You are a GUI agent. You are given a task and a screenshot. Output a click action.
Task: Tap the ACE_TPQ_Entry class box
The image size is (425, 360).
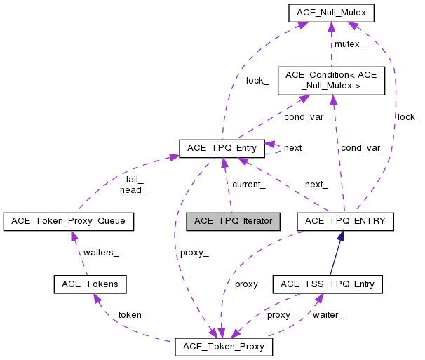[x=222, y=148]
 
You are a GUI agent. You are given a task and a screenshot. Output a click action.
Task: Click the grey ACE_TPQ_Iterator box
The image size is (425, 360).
[x=233, y=221]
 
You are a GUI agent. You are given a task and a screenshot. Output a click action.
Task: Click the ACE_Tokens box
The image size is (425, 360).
[x=90, y=284]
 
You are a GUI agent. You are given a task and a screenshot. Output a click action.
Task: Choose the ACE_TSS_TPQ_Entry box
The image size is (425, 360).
[x=328, y=284]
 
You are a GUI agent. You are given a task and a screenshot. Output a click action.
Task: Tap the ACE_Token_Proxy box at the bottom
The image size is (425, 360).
[x=223, y=347]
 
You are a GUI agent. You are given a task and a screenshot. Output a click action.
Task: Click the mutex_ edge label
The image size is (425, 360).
[x=349, y=44]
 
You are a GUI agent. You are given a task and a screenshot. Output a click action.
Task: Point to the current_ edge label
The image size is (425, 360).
[x=249, y=185]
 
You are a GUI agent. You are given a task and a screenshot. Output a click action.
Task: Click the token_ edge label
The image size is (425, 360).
[x=132, y=315]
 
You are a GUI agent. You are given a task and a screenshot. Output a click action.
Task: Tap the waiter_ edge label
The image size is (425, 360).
[x=328, y=315]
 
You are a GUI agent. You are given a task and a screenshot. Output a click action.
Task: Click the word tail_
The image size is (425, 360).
[x=135, y=180]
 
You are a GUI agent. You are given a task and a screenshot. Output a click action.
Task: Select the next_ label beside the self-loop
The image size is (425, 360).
[x=295, y=148]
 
